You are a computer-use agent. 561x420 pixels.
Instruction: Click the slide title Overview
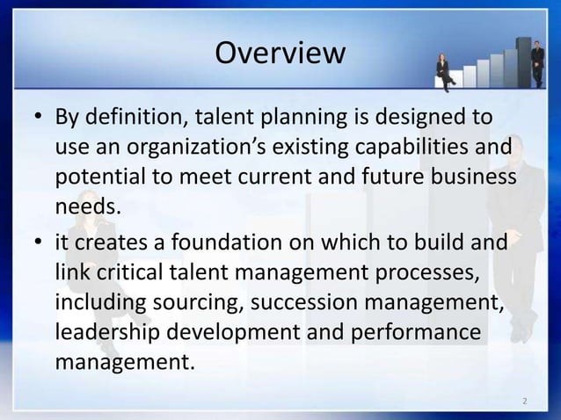280,54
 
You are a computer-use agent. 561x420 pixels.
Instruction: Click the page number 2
524,402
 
